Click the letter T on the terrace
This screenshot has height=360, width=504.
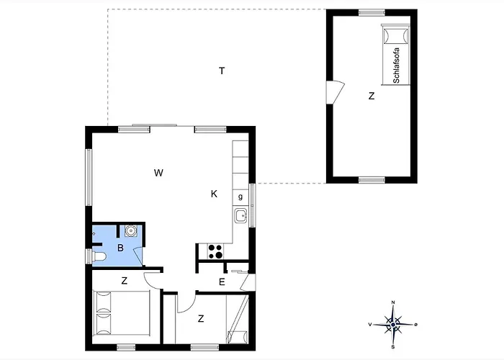click(x=222, y=71)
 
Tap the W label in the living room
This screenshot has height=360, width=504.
click(x=158, y=173)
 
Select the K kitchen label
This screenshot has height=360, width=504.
click(x=214, y=194)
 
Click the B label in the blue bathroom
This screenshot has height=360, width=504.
click(x=120, y=248)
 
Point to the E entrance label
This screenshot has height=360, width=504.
click(x=222, y=282)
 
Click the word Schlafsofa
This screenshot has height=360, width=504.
click(x=396, y=66)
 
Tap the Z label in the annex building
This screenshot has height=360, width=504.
click(x=372, y=96)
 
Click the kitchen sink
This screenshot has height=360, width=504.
click(x=240, y=215)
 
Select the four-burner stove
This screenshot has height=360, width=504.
click(x=215, y=251)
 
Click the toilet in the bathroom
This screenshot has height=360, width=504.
click(x=99, y=256)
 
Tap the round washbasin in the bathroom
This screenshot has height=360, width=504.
click(x=131, y=230)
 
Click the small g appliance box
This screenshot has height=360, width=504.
click(x=240, y=197)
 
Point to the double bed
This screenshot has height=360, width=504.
click(x=122, y=313)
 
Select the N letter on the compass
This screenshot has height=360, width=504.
click(x=393, y=302)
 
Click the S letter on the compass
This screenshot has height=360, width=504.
click(x=393, y=347)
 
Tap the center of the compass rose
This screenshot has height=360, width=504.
click(x=393, y=325)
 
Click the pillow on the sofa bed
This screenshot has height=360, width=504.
click(x=396, y=35)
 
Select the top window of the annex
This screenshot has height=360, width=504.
click(x=372, y=12)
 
